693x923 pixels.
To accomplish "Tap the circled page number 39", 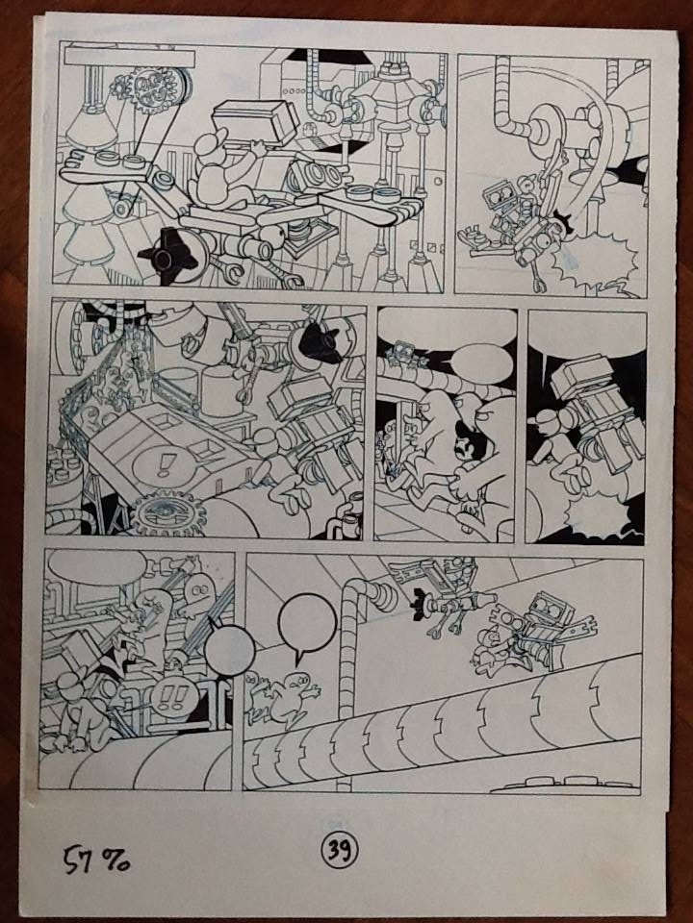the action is tap(340, 848).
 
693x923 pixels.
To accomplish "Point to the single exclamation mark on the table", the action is tap(162, 465).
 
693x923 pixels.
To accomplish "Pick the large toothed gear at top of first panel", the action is tap(154, 89).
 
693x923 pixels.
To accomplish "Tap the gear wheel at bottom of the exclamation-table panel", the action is tap(167, 513).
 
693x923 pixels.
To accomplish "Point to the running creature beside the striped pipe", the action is tap(285, 701).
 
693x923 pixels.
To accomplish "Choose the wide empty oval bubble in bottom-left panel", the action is tap(96, 568).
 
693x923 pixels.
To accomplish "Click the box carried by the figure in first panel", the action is tap(256, 122).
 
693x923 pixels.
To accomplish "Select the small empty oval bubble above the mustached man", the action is tap(483, 363).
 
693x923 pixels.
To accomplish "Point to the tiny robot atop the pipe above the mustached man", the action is tap(403, 353).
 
